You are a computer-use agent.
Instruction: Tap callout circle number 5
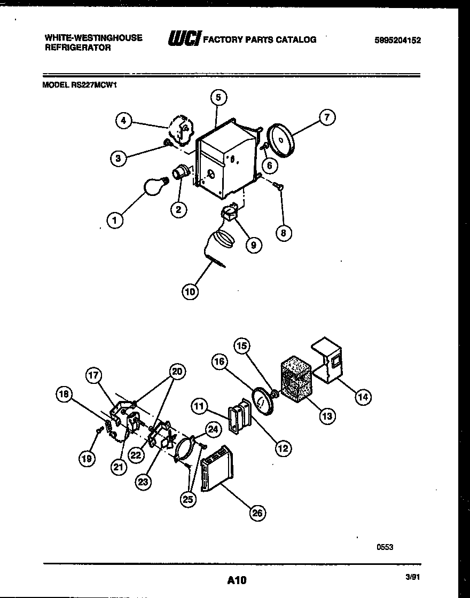point(218,97)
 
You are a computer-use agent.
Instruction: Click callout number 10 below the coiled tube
point(190,292)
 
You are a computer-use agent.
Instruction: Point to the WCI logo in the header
point(184,40)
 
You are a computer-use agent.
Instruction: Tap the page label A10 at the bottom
point(237,580)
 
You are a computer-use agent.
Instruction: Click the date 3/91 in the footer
point(412,577)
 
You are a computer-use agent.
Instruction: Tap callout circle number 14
point(363,397)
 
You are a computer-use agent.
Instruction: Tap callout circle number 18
point(65,395)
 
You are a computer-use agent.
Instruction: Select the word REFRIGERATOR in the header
point(77,48)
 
